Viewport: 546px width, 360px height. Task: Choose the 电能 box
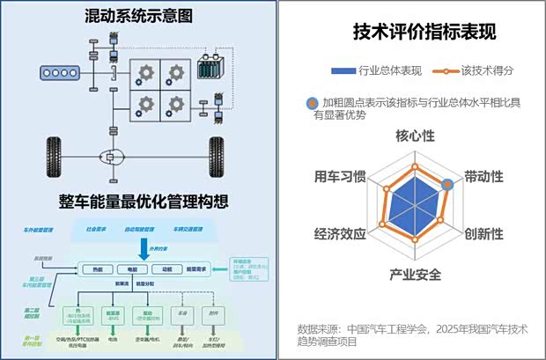(x=132, y=268)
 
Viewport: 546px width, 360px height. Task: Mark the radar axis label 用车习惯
(x=341, y=176)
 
